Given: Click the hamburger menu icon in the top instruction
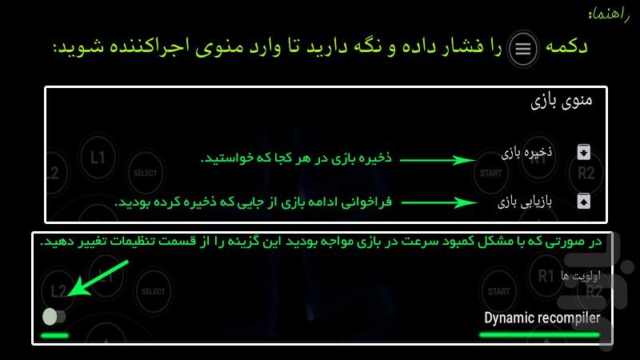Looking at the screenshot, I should pos(522,50).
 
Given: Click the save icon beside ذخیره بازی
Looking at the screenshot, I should pos(583,153).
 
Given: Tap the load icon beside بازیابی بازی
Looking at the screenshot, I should pos(583,201).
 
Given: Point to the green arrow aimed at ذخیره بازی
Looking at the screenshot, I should pos(438,159).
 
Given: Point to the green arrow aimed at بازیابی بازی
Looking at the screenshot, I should pos(438,203).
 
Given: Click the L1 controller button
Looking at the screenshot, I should pos(98,157).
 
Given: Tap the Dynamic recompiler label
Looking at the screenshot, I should pos(542,318).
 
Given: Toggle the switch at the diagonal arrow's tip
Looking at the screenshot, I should pos(54,316).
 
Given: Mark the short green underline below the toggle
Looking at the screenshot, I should pos(54,334).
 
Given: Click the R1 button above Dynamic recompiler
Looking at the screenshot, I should pos(546,277).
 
